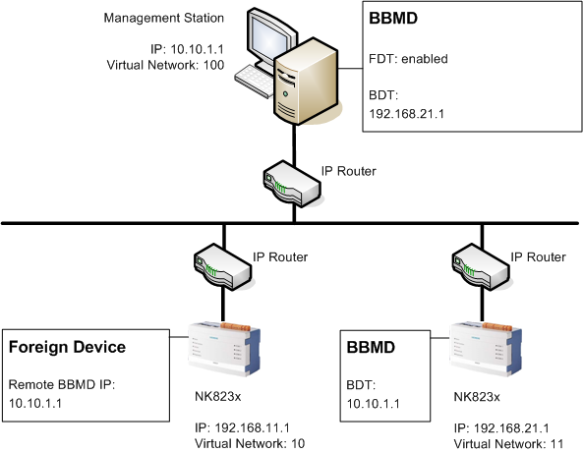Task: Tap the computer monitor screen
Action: (269, 40)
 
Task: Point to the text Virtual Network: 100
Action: (164, 65)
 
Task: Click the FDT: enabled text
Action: (407, 59)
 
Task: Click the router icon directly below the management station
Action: (293, 185)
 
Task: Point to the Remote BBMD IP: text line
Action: (62, 386)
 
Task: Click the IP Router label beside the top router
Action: (349, 170)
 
